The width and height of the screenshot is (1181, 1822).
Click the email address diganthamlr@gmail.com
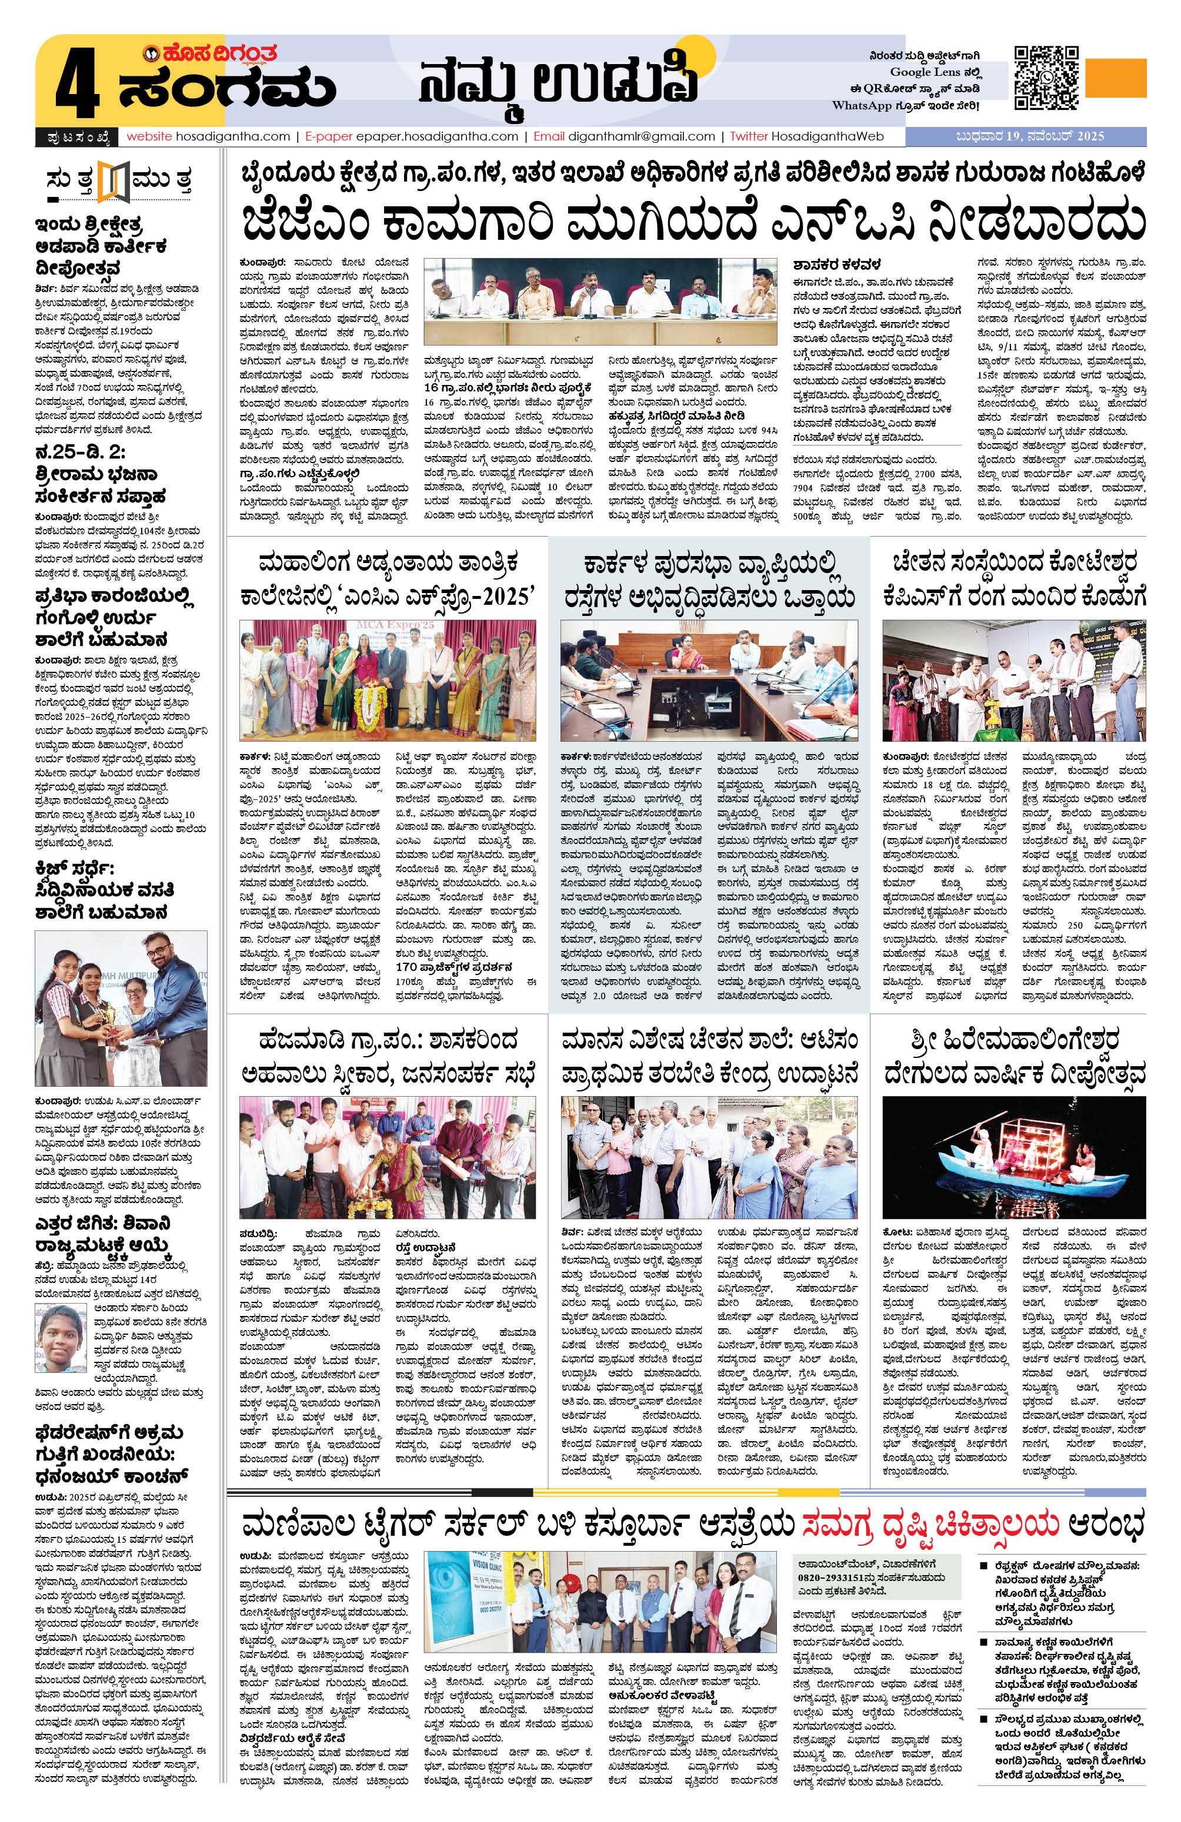tap(641, 136)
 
